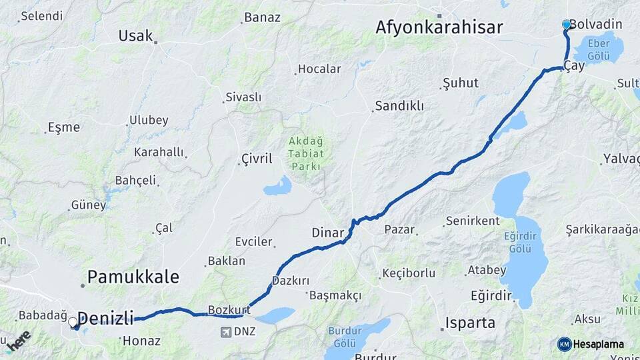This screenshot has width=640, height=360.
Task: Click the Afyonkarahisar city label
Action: tap(439, 27)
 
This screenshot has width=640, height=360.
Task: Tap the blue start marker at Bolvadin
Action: tap(567, 25)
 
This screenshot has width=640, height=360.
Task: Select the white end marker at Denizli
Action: tap(73, 323)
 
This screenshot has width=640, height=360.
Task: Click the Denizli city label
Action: tap(106, 317)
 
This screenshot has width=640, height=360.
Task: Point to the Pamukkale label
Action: tap(133, 277)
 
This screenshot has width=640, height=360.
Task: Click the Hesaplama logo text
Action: tap(598, 344)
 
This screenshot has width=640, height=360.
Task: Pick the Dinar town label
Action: tap(327, 233)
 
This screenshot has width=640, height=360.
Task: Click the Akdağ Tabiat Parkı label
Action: tap(305, 153)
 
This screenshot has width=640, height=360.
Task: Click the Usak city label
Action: tap(135, 36)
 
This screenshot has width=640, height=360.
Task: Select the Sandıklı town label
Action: tap(399, 106)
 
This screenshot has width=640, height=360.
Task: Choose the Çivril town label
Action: tap(257, 159)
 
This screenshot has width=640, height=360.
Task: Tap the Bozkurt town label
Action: tap(229, 310)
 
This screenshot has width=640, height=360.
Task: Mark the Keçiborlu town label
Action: tap(409, 273)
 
